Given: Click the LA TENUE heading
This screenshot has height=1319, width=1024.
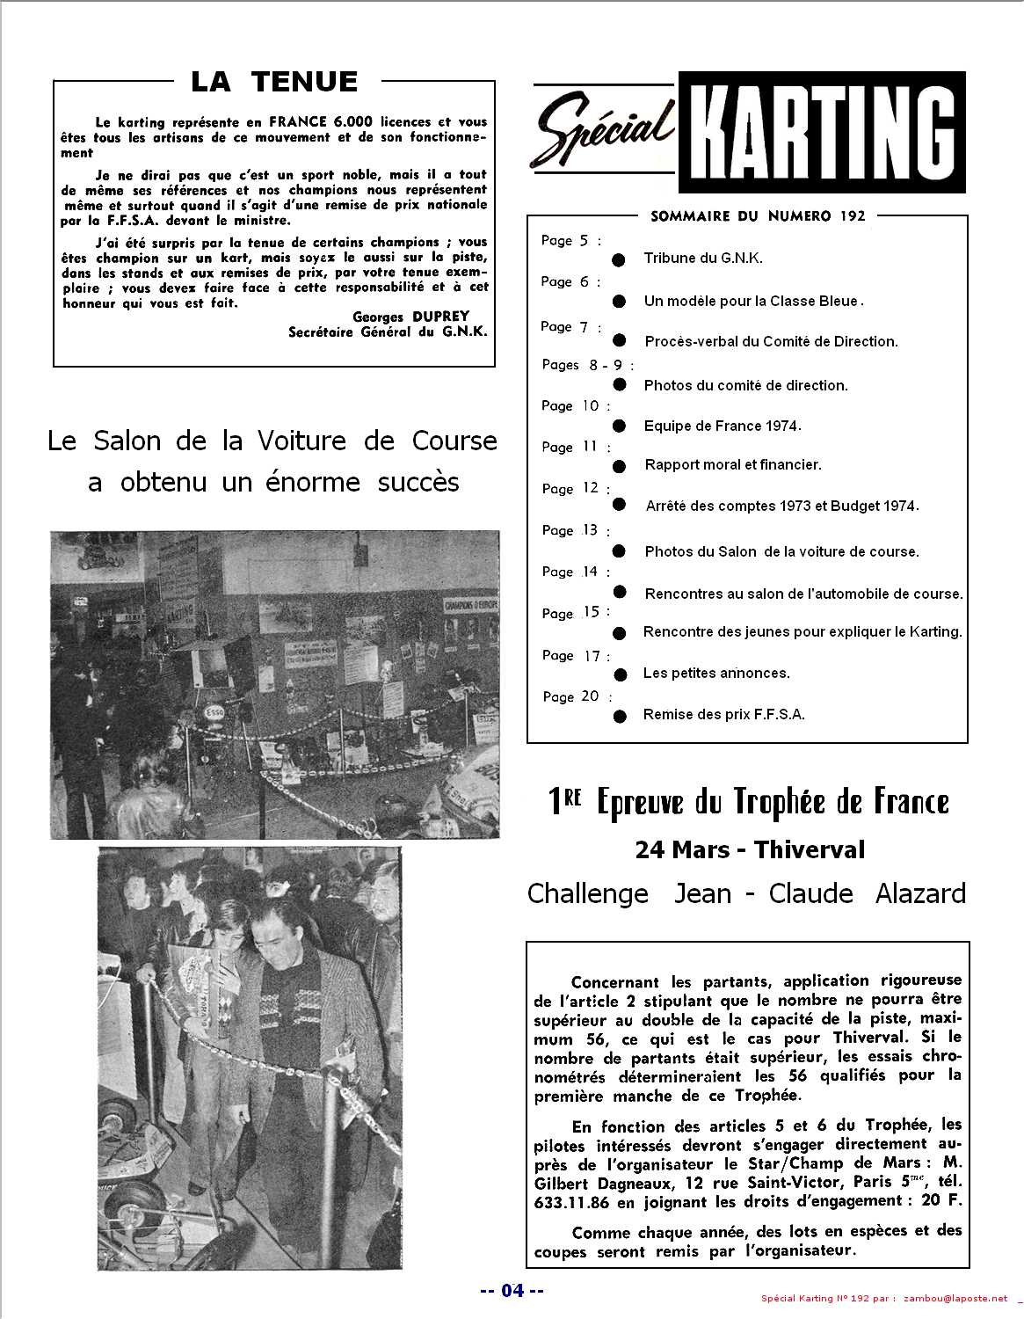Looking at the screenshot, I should click(x=274, y=82).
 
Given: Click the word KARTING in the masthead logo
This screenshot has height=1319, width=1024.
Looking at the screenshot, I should click(x=822, y=134).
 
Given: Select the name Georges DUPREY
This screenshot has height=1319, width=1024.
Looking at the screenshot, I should click(x=410, y=317).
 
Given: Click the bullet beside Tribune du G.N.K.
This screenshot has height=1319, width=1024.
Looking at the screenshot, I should click(x=619, y=259).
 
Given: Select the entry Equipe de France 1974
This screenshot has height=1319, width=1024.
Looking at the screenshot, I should click(x=722, y=426).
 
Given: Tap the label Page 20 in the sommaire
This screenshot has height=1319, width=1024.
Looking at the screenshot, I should click(x=571, y=696).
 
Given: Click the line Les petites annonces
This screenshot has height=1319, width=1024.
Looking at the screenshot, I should click(x=716, y=673).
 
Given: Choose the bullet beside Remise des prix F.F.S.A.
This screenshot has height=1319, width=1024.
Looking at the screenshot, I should click(x=620, y=716).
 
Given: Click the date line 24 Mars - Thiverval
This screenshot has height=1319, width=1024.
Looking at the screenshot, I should click(x=749, y=849).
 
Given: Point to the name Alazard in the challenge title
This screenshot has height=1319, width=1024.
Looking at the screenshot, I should click(x=920, y=893).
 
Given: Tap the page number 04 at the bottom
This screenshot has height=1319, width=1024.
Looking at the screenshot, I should click(x=512, y=1291).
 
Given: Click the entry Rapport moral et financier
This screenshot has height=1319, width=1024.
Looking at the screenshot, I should click(x=732, y=464).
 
